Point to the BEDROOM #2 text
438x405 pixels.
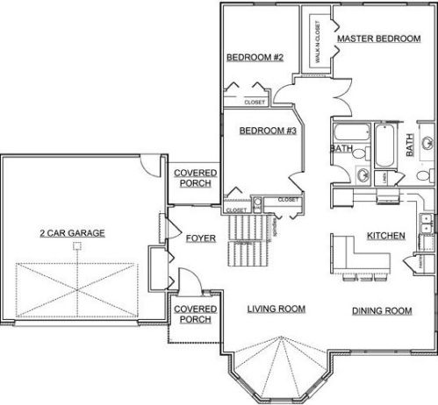(254, 58)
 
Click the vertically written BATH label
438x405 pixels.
(410, 145)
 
